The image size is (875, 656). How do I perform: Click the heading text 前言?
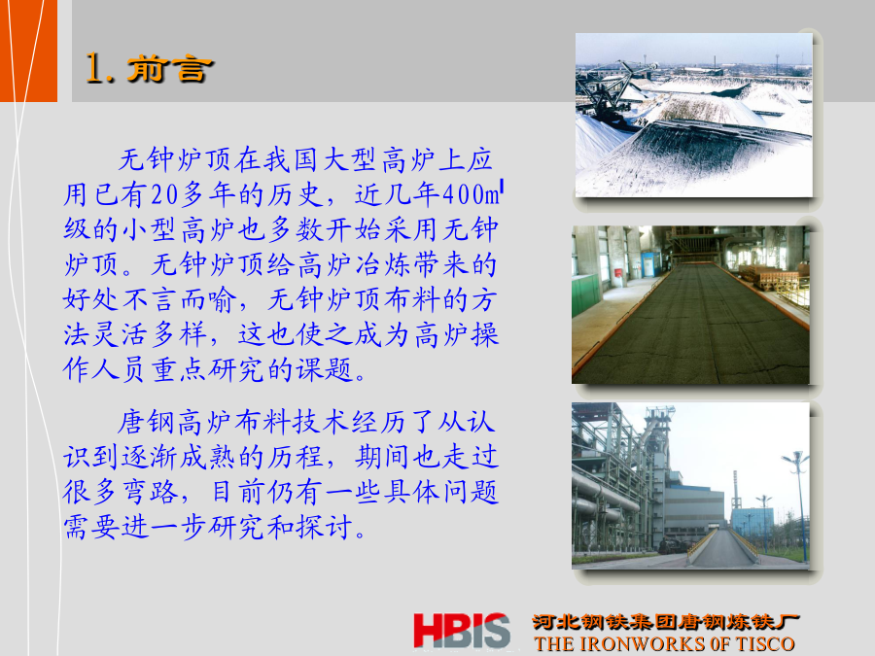170,70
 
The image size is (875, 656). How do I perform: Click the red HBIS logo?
462,631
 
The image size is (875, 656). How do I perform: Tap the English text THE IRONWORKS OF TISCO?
664,643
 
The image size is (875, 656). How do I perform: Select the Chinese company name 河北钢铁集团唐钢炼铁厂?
665,621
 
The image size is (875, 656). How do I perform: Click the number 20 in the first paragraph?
164,194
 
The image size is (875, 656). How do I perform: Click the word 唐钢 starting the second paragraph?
146,423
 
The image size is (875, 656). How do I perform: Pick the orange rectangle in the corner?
28,51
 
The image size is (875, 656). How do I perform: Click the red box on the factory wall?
618,274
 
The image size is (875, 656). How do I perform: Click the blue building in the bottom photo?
752,525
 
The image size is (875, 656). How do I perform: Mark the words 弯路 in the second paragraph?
151,492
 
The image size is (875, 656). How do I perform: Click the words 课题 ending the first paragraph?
324,370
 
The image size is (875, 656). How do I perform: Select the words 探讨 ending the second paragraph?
325,527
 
